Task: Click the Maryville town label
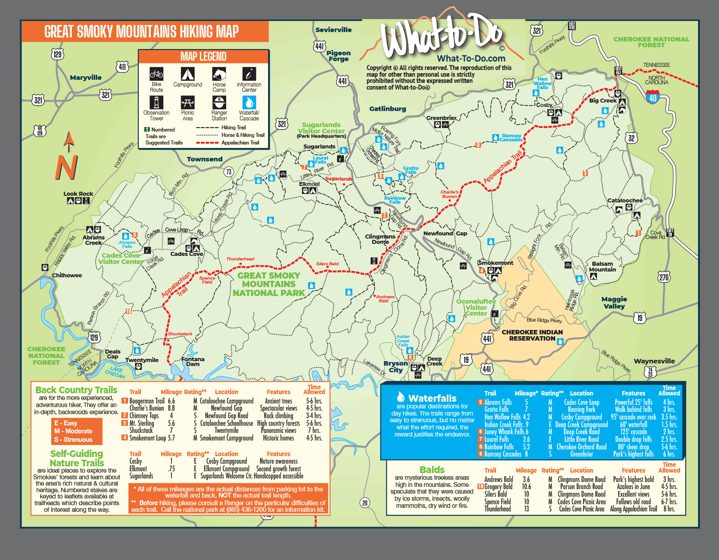pos(86,78)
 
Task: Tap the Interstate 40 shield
pos(653,97)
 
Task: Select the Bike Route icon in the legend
pos(156,74)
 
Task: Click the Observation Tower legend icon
pos(156,103)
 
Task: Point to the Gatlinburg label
pos(388,109)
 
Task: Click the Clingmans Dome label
pos(380,239)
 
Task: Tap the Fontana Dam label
pos(193,362)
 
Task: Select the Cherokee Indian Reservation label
pos(532,335)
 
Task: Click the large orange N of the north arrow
pos(66,168)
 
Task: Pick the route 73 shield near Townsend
pos(229,172)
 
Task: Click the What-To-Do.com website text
pos(471,58)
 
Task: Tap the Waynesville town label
pos(654,361)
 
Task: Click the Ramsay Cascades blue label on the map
pos(511,138)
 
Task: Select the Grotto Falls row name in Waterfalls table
pos(496,409)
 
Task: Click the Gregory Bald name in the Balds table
pos(498,487)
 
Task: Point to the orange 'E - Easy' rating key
pos(66,423)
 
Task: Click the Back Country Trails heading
pos(76,390)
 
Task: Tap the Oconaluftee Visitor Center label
pos(476,307)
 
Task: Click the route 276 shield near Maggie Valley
pos(664,277)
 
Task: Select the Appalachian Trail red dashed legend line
pos(207,143)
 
